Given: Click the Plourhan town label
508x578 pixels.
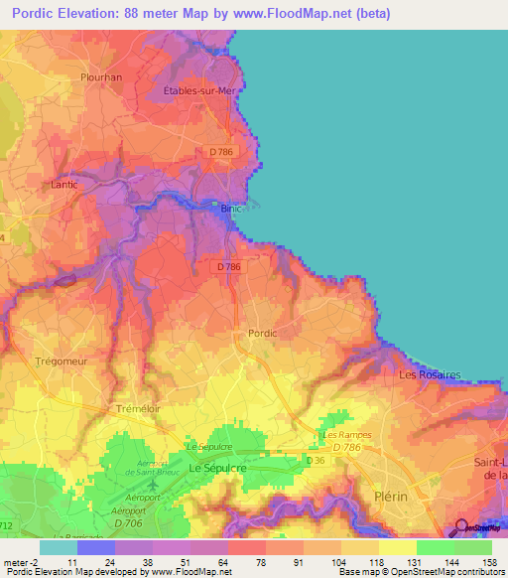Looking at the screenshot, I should (x=100, y=75).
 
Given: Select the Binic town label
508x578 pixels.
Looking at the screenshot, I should (x=231, y=209).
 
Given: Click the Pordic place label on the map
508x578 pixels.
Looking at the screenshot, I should (x=262, y=334).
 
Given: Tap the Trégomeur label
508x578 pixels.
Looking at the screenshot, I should (x=56, y=361).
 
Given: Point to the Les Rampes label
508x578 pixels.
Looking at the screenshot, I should (x=344, y=435).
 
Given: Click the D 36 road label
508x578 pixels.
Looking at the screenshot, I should (x=317, y=461).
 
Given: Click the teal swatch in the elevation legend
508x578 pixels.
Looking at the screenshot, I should (x=59, y=546).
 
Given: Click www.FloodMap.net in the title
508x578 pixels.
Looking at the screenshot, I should (x=299, y=14).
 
